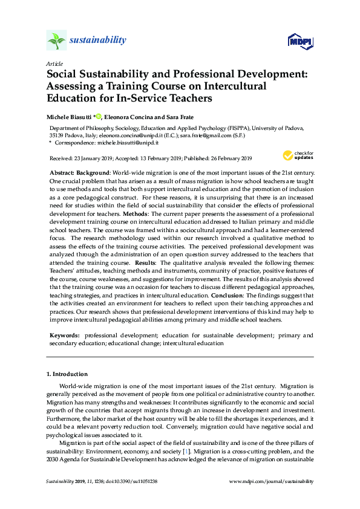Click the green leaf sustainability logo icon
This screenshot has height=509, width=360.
(56, 41)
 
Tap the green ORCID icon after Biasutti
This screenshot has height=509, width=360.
(99, 115)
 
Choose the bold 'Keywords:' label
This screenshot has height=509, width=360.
(65, 335)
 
